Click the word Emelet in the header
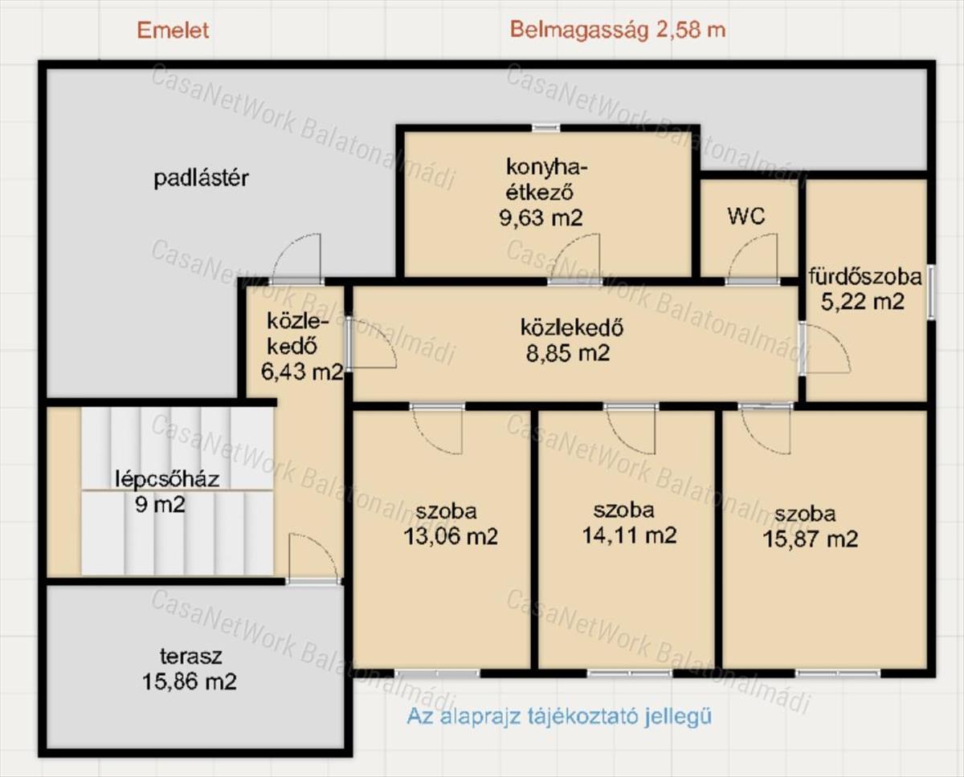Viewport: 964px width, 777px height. [173, 31]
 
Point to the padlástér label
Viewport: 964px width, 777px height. [201, 178]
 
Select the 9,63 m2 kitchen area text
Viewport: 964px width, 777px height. [541, 218]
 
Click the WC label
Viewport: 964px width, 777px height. [746, 217]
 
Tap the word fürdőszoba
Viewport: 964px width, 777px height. [865, 277]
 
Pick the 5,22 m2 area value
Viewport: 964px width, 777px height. [863, 301]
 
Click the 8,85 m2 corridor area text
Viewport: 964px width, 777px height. [568, 353]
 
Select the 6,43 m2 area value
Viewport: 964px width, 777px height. [302, 371]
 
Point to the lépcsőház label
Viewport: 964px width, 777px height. [168, 479]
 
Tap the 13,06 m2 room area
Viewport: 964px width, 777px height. [451, 535]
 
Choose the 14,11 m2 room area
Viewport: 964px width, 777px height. [629, 535]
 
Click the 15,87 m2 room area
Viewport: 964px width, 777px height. [811, 539]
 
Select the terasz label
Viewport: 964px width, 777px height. [191, 657]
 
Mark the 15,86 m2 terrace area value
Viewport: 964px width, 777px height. [190, 682]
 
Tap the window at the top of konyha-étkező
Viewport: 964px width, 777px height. [545, 128]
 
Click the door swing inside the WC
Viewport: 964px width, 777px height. [752, 258]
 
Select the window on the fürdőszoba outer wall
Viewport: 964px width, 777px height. [931, 293]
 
